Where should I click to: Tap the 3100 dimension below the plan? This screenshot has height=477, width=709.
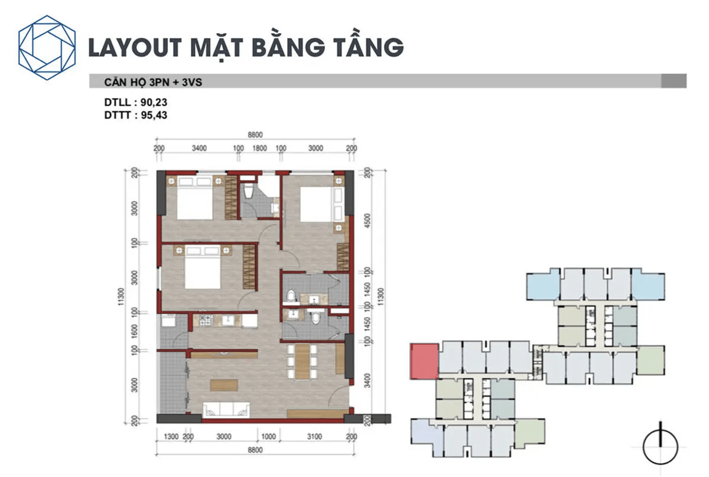click(x=315, y=437)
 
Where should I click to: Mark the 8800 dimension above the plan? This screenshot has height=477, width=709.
click(x=255, y=135)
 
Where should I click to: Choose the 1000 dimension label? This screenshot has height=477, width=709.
click(x=268, y=437)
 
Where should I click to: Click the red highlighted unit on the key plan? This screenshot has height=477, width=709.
click(x=424, y=362)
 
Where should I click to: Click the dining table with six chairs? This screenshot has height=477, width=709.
click(x=302, y=361)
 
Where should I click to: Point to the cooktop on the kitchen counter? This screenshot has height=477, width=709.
click(x=206, y=321)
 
